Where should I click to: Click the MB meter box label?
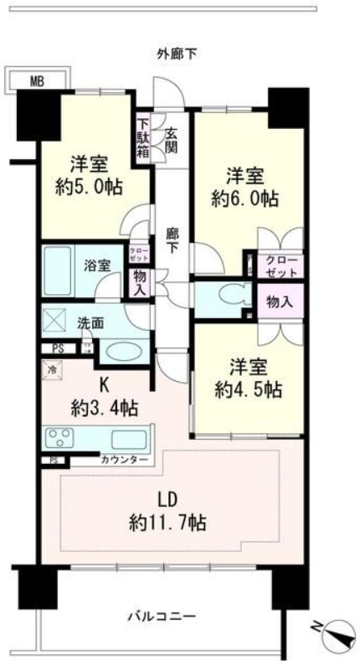pyautogui.click(x=36, y=81)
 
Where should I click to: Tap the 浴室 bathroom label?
pyautogui.click(x=98, y=265)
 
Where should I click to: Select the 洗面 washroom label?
pyautogui.click(x=90, y=322)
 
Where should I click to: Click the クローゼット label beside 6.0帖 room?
pyautogui.click(x=280, y=265)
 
